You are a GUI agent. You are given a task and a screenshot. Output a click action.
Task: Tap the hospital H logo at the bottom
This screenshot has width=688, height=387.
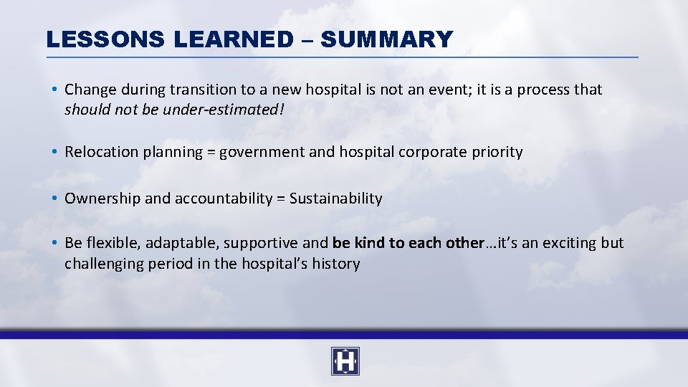point(345,361)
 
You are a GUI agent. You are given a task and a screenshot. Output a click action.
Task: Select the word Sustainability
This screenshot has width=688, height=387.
point(335,199)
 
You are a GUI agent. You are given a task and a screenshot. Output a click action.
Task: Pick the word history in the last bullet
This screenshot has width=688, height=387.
point(335,264)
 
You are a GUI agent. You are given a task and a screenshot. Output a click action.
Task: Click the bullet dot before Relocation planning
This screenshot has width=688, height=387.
point(54,152)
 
